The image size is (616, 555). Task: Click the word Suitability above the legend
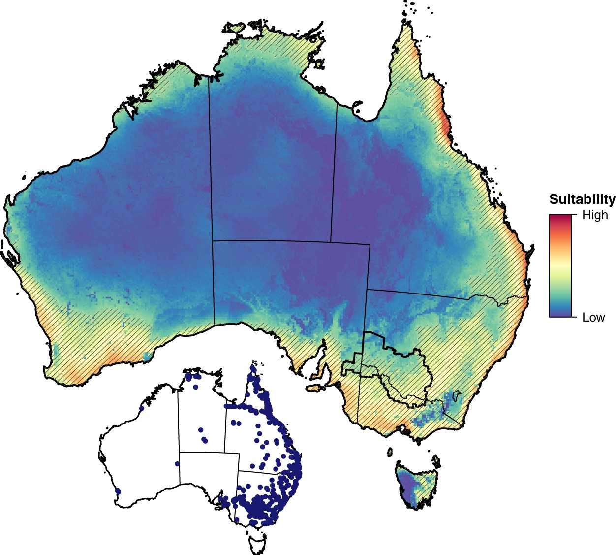[x=582, y=199]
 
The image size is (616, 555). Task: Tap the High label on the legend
[x=595, y=215]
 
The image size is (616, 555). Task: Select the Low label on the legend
[x=593, y=318]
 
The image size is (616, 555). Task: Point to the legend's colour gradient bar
[x=560, y=265]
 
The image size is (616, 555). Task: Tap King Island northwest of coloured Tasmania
[x=390, y=452]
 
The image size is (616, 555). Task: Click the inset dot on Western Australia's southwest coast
[x=118, y=491]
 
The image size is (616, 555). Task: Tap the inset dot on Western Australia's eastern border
[x=177, y=463]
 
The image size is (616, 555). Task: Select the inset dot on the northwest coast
[x=142, y=408]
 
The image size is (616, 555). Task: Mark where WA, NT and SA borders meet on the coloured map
[x=213, y=241]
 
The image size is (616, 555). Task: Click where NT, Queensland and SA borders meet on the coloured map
[x=331, y=242]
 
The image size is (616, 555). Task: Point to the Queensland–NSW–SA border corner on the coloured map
[x=367, y=290]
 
